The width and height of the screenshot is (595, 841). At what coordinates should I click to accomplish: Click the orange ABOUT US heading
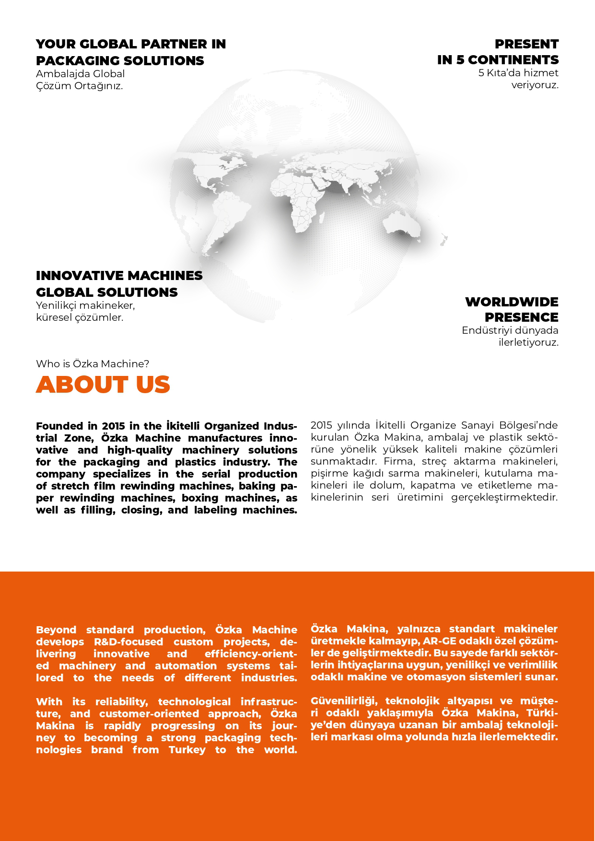pos(103,385)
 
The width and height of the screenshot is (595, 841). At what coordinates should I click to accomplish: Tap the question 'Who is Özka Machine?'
pos(93,364)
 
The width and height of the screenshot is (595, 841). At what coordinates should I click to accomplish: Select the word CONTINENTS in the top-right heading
pos(513,60)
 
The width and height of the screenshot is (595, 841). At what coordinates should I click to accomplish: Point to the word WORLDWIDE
pos(512,302)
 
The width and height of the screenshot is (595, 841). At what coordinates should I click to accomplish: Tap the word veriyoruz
pos(535,85)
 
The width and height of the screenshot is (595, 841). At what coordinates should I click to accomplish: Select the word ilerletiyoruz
pos(528,342)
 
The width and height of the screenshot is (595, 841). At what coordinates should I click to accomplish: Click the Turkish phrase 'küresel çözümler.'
pos(80,317)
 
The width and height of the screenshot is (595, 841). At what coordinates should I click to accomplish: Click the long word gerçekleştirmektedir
pos(504,497)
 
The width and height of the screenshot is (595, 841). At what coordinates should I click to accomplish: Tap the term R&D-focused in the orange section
pos(128,642)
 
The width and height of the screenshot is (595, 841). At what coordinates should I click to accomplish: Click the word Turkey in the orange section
pos(187,750)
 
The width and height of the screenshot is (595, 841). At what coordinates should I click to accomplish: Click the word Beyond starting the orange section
pos(56,630)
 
